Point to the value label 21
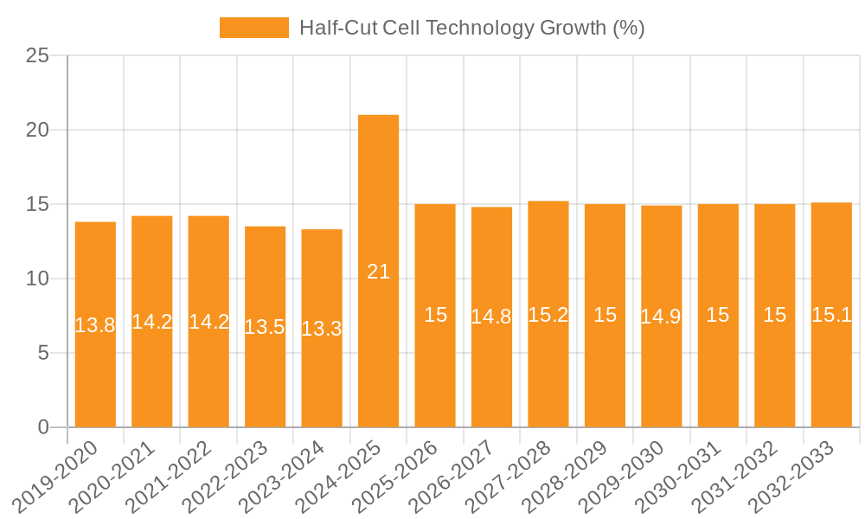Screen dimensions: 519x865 [x=378, y=272]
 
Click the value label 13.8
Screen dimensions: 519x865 [x=95, y=326]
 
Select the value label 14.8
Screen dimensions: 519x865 [x=491, y=317]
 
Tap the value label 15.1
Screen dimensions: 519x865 [x=831, y=315]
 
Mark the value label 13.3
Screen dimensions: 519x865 [x=322, y=329]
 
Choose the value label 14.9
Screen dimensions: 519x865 [x=661, y=317]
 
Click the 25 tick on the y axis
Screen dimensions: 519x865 [x=38, y=56]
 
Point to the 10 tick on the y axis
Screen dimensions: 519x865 [x=38, y=279]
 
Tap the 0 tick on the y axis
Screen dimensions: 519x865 [x=44, y=427]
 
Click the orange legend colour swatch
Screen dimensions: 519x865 [x=253, y=28]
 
